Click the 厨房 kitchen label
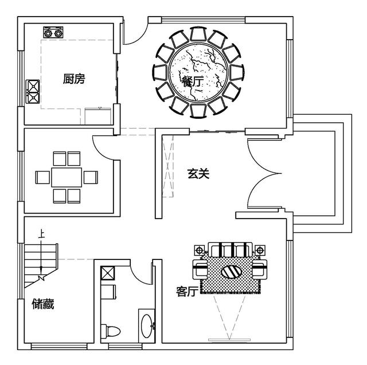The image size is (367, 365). [x=74, y=79]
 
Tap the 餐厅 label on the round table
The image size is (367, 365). [x=192, y=81]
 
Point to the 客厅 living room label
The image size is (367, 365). [x=187, y=292]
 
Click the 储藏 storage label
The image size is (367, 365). [x=43, y=304]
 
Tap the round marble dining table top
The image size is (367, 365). [x=198, y=73]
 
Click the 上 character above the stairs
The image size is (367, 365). [x=41, y=234]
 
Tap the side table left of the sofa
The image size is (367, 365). [x=200, y=250]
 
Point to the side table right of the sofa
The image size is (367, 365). [x=261, y=250]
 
